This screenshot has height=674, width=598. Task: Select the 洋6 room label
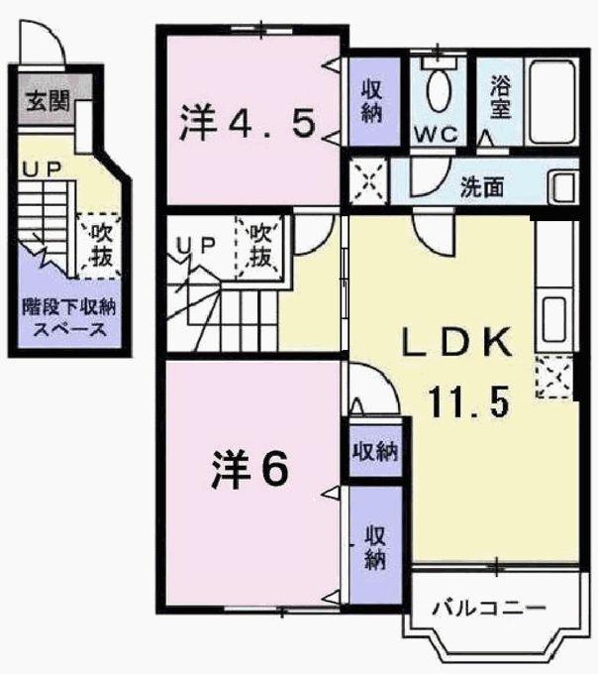(249, 471)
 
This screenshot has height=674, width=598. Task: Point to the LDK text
(456, 344)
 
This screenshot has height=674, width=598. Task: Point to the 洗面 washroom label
(483, 185)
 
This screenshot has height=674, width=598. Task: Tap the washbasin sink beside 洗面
(563, 186)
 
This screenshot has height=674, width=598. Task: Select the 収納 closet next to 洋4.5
(372, 100)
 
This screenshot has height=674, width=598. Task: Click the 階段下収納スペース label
(64, 318)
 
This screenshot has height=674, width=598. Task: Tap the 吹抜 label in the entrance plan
(100, 244)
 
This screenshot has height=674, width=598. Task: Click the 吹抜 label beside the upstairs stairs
(259, 245)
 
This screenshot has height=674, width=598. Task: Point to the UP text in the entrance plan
(41, 170)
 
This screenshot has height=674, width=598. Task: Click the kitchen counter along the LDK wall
(551, 287)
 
